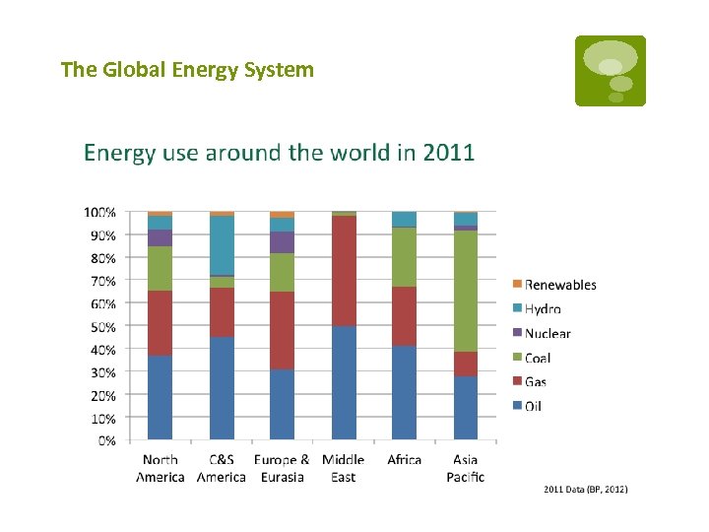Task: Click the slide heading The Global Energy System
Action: pyautogui.click(x=187, y=70)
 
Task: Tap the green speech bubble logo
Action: pyautogui.click(x=611, y=71)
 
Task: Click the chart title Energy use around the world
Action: pyautogui.click(x=279, y=153)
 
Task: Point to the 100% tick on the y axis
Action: pyautogui.click(x=99, y=212)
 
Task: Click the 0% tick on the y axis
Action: pyautogui.click(x=105, y=440)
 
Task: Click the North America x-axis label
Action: pyautogui.click(x=161, y=468)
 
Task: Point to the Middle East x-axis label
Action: pyautogui.click(x=344, y=468)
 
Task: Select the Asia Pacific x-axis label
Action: pyautogui.click(x=466, y=468)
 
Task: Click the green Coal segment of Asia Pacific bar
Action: pyautogui.click(x=466, y=291)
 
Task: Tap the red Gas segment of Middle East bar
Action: pyautogui.click(x=344, y=271)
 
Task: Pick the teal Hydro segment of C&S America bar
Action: pyautogui.click(x=222, y=245)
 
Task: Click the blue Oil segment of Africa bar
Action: pyautogui.click(x=405, y=392)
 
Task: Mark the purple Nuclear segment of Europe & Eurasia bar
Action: pyautogui.click(x=283, y=242)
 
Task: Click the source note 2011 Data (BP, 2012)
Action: pyautogui.click(x=585, y=490)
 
